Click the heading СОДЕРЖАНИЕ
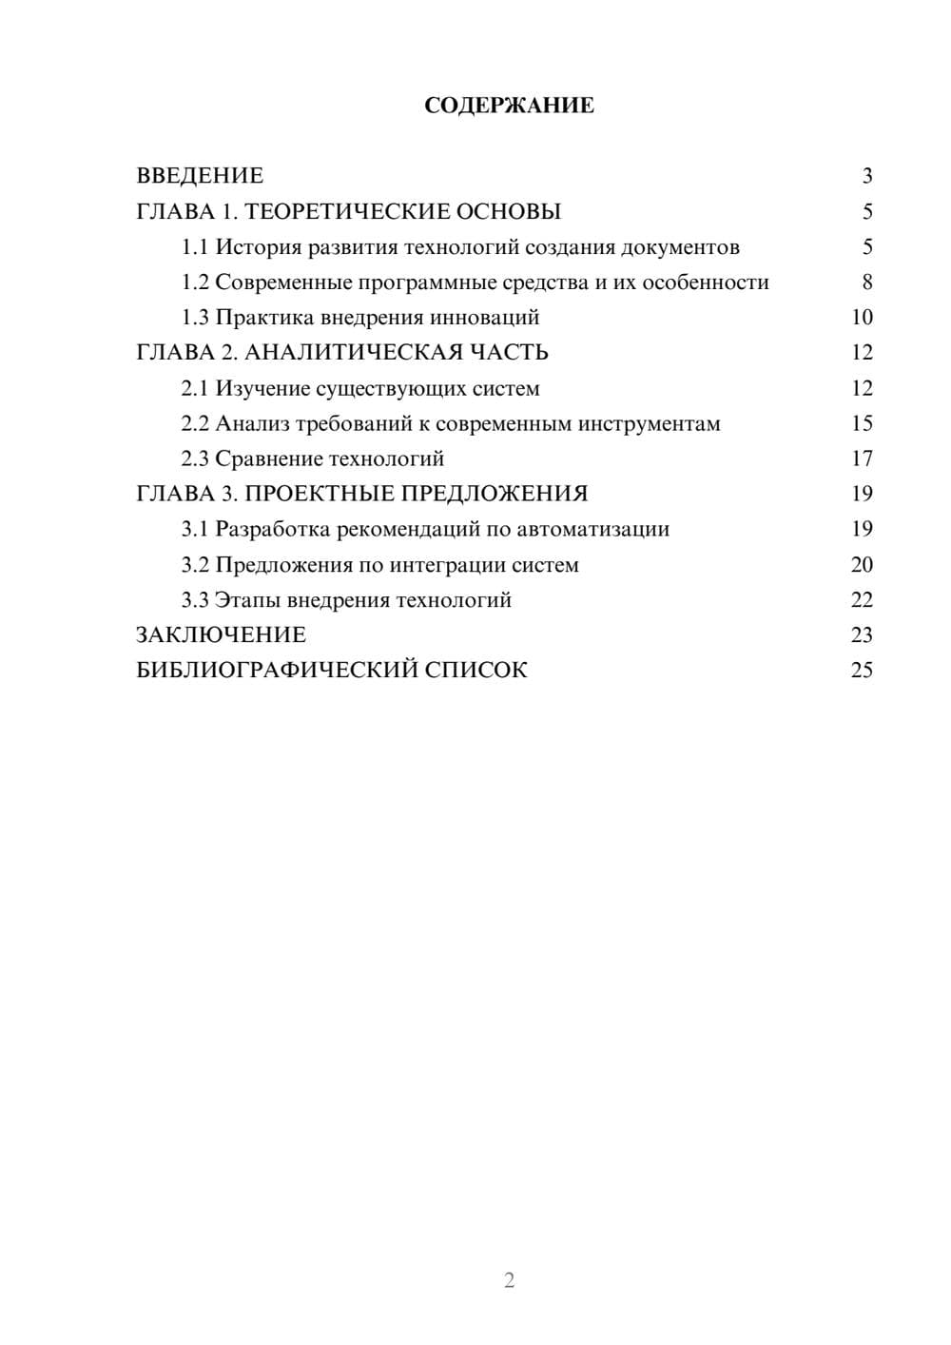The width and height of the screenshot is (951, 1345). click(509, 106)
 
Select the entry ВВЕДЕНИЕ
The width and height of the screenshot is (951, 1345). click(200, 176)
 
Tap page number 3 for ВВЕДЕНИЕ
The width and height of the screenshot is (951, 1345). click(866, 176)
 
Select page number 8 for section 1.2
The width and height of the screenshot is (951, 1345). click(866, 283)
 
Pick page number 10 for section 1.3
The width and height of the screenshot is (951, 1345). click(862, 318)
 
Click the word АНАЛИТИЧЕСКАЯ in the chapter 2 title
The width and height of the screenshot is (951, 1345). click(353, 353)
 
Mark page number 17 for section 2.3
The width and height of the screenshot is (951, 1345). click(862, 459)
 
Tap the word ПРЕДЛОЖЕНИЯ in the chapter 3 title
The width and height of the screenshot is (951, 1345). click(494, 495)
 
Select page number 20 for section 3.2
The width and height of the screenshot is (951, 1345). click(862, 565)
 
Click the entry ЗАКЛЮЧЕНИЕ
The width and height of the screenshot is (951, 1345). click(221, 635)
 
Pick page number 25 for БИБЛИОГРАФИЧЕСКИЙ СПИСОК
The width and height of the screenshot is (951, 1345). click(862, 671)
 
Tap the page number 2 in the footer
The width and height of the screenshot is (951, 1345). click(509, 1280)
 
